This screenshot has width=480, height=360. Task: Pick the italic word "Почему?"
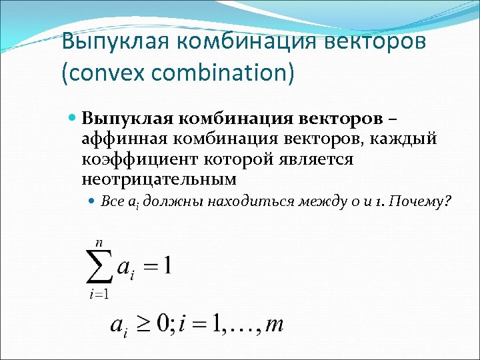click(x=425, y=201)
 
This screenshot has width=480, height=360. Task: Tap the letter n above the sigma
click(x=98, y=243)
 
